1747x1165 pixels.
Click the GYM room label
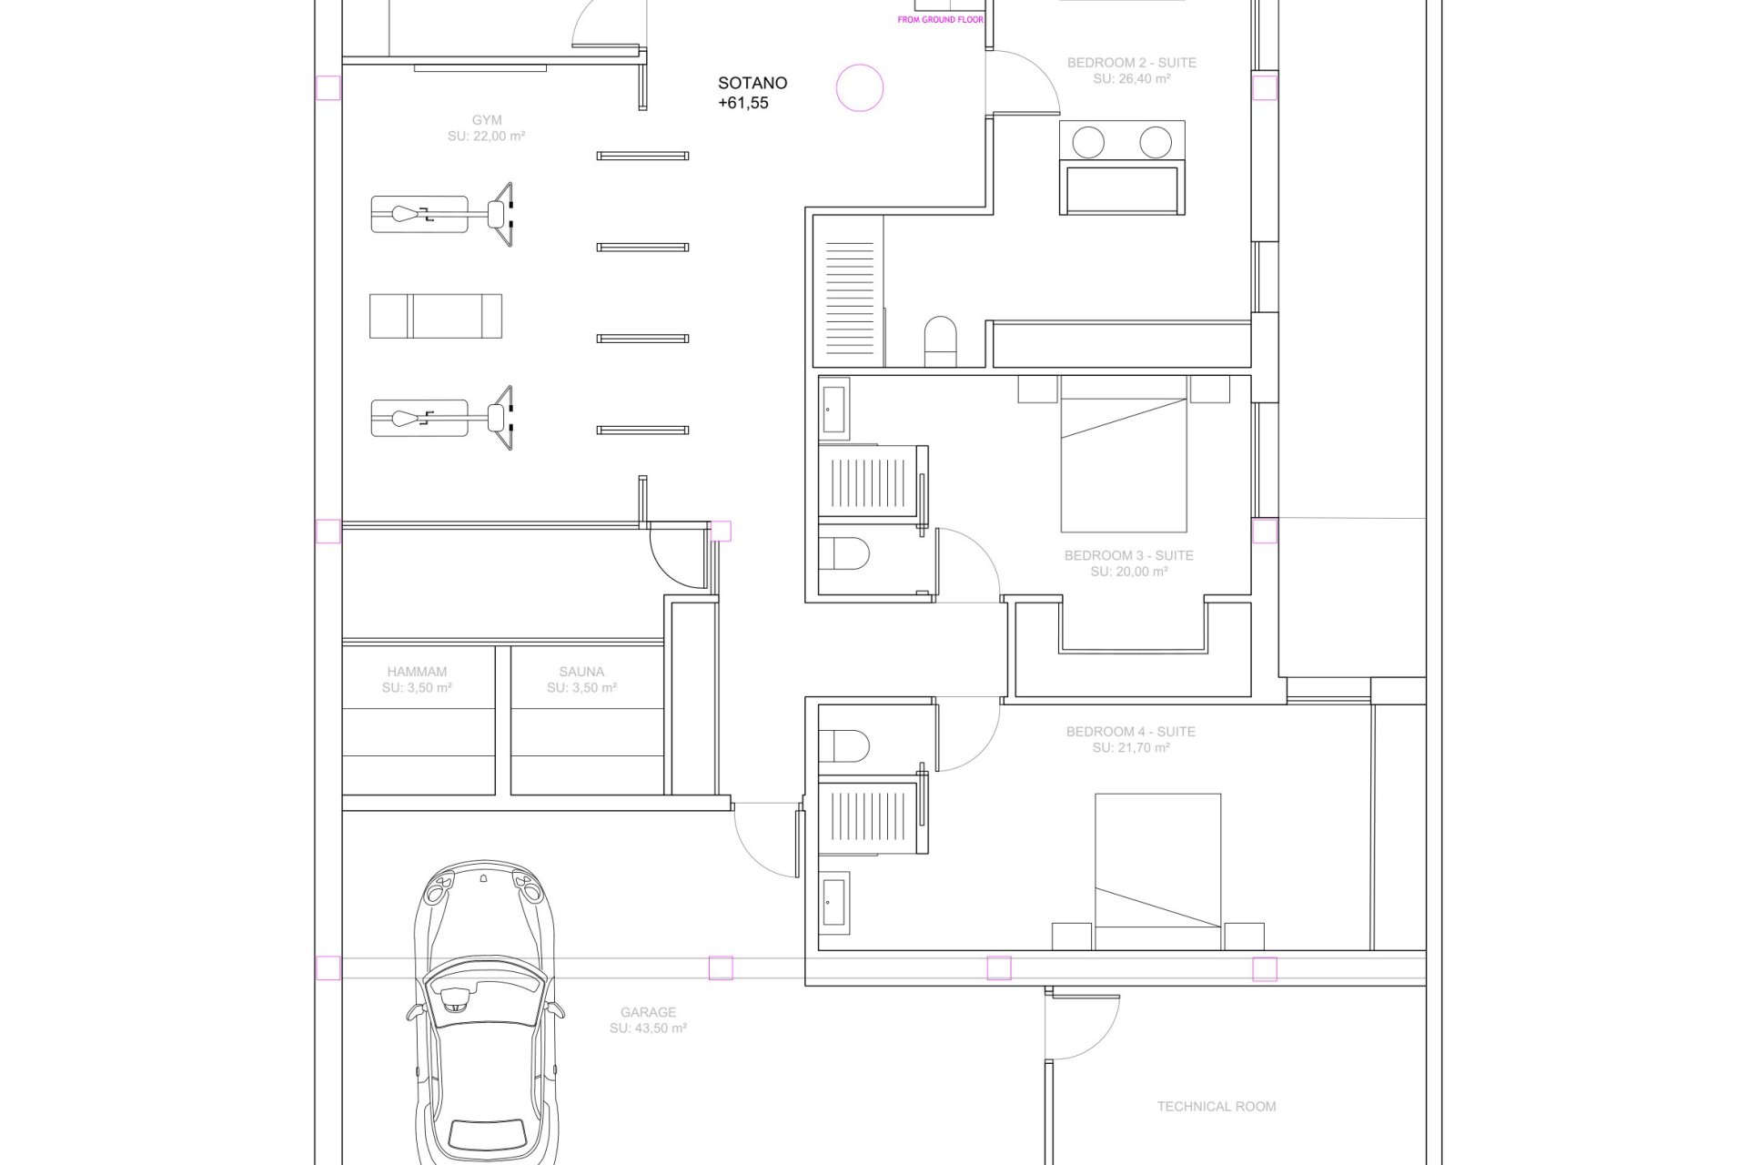(487, 120)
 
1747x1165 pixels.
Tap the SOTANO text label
(752, 83)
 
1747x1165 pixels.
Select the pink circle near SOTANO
(860, 88)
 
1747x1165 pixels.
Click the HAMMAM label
(417, 672)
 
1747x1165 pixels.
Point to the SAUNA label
(581, 672)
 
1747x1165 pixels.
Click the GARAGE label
(648, 1012)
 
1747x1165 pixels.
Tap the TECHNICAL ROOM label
(1217, 1107)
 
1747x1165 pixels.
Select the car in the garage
(485, 1010)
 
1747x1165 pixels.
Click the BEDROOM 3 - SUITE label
(1129, 555)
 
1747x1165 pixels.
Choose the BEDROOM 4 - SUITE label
(1131, 732)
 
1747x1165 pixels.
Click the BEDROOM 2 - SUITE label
(1132, 63)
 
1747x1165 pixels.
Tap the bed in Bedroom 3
(1124, 453)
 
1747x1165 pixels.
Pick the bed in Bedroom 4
(1157, 872)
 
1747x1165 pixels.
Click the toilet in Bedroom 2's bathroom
(941, 341)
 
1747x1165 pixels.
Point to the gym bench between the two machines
(436, 316)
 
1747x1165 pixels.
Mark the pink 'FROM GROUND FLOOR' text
(941, 19)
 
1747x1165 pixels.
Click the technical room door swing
(1083, 1027)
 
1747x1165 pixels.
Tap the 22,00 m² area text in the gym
(487, 137)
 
